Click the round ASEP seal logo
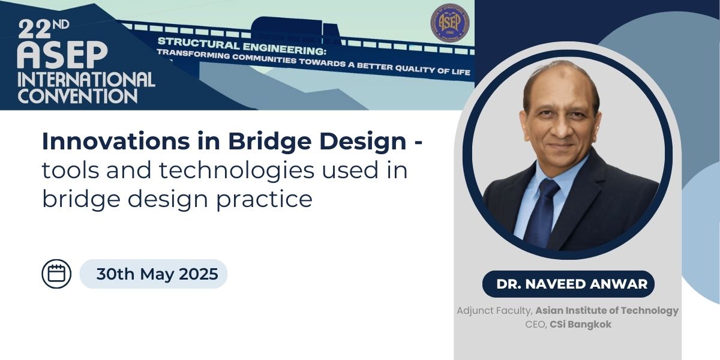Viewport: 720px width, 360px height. point(449,23)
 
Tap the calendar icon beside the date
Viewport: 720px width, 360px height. point(56,274)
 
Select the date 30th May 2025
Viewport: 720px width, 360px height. point(157,274)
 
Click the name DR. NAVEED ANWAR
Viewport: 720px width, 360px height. point(572,284)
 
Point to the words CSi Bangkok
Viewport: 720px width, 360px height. point(581,325)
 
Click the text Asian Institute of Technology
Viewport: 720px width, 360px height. point(607,311)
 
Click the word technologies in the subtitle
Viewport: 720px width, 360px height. point(236,170)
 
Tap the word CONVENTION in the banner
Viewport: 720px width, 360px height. point(77,96)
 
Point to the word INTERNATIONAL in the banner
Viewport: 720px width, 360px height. point(86,79)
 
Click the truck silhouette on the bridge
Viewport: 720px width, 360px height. point(295,30)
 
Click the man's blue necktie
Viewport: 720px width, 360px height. point(543,212)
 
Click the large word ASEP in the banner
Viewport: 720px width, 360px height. point(62,55)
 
